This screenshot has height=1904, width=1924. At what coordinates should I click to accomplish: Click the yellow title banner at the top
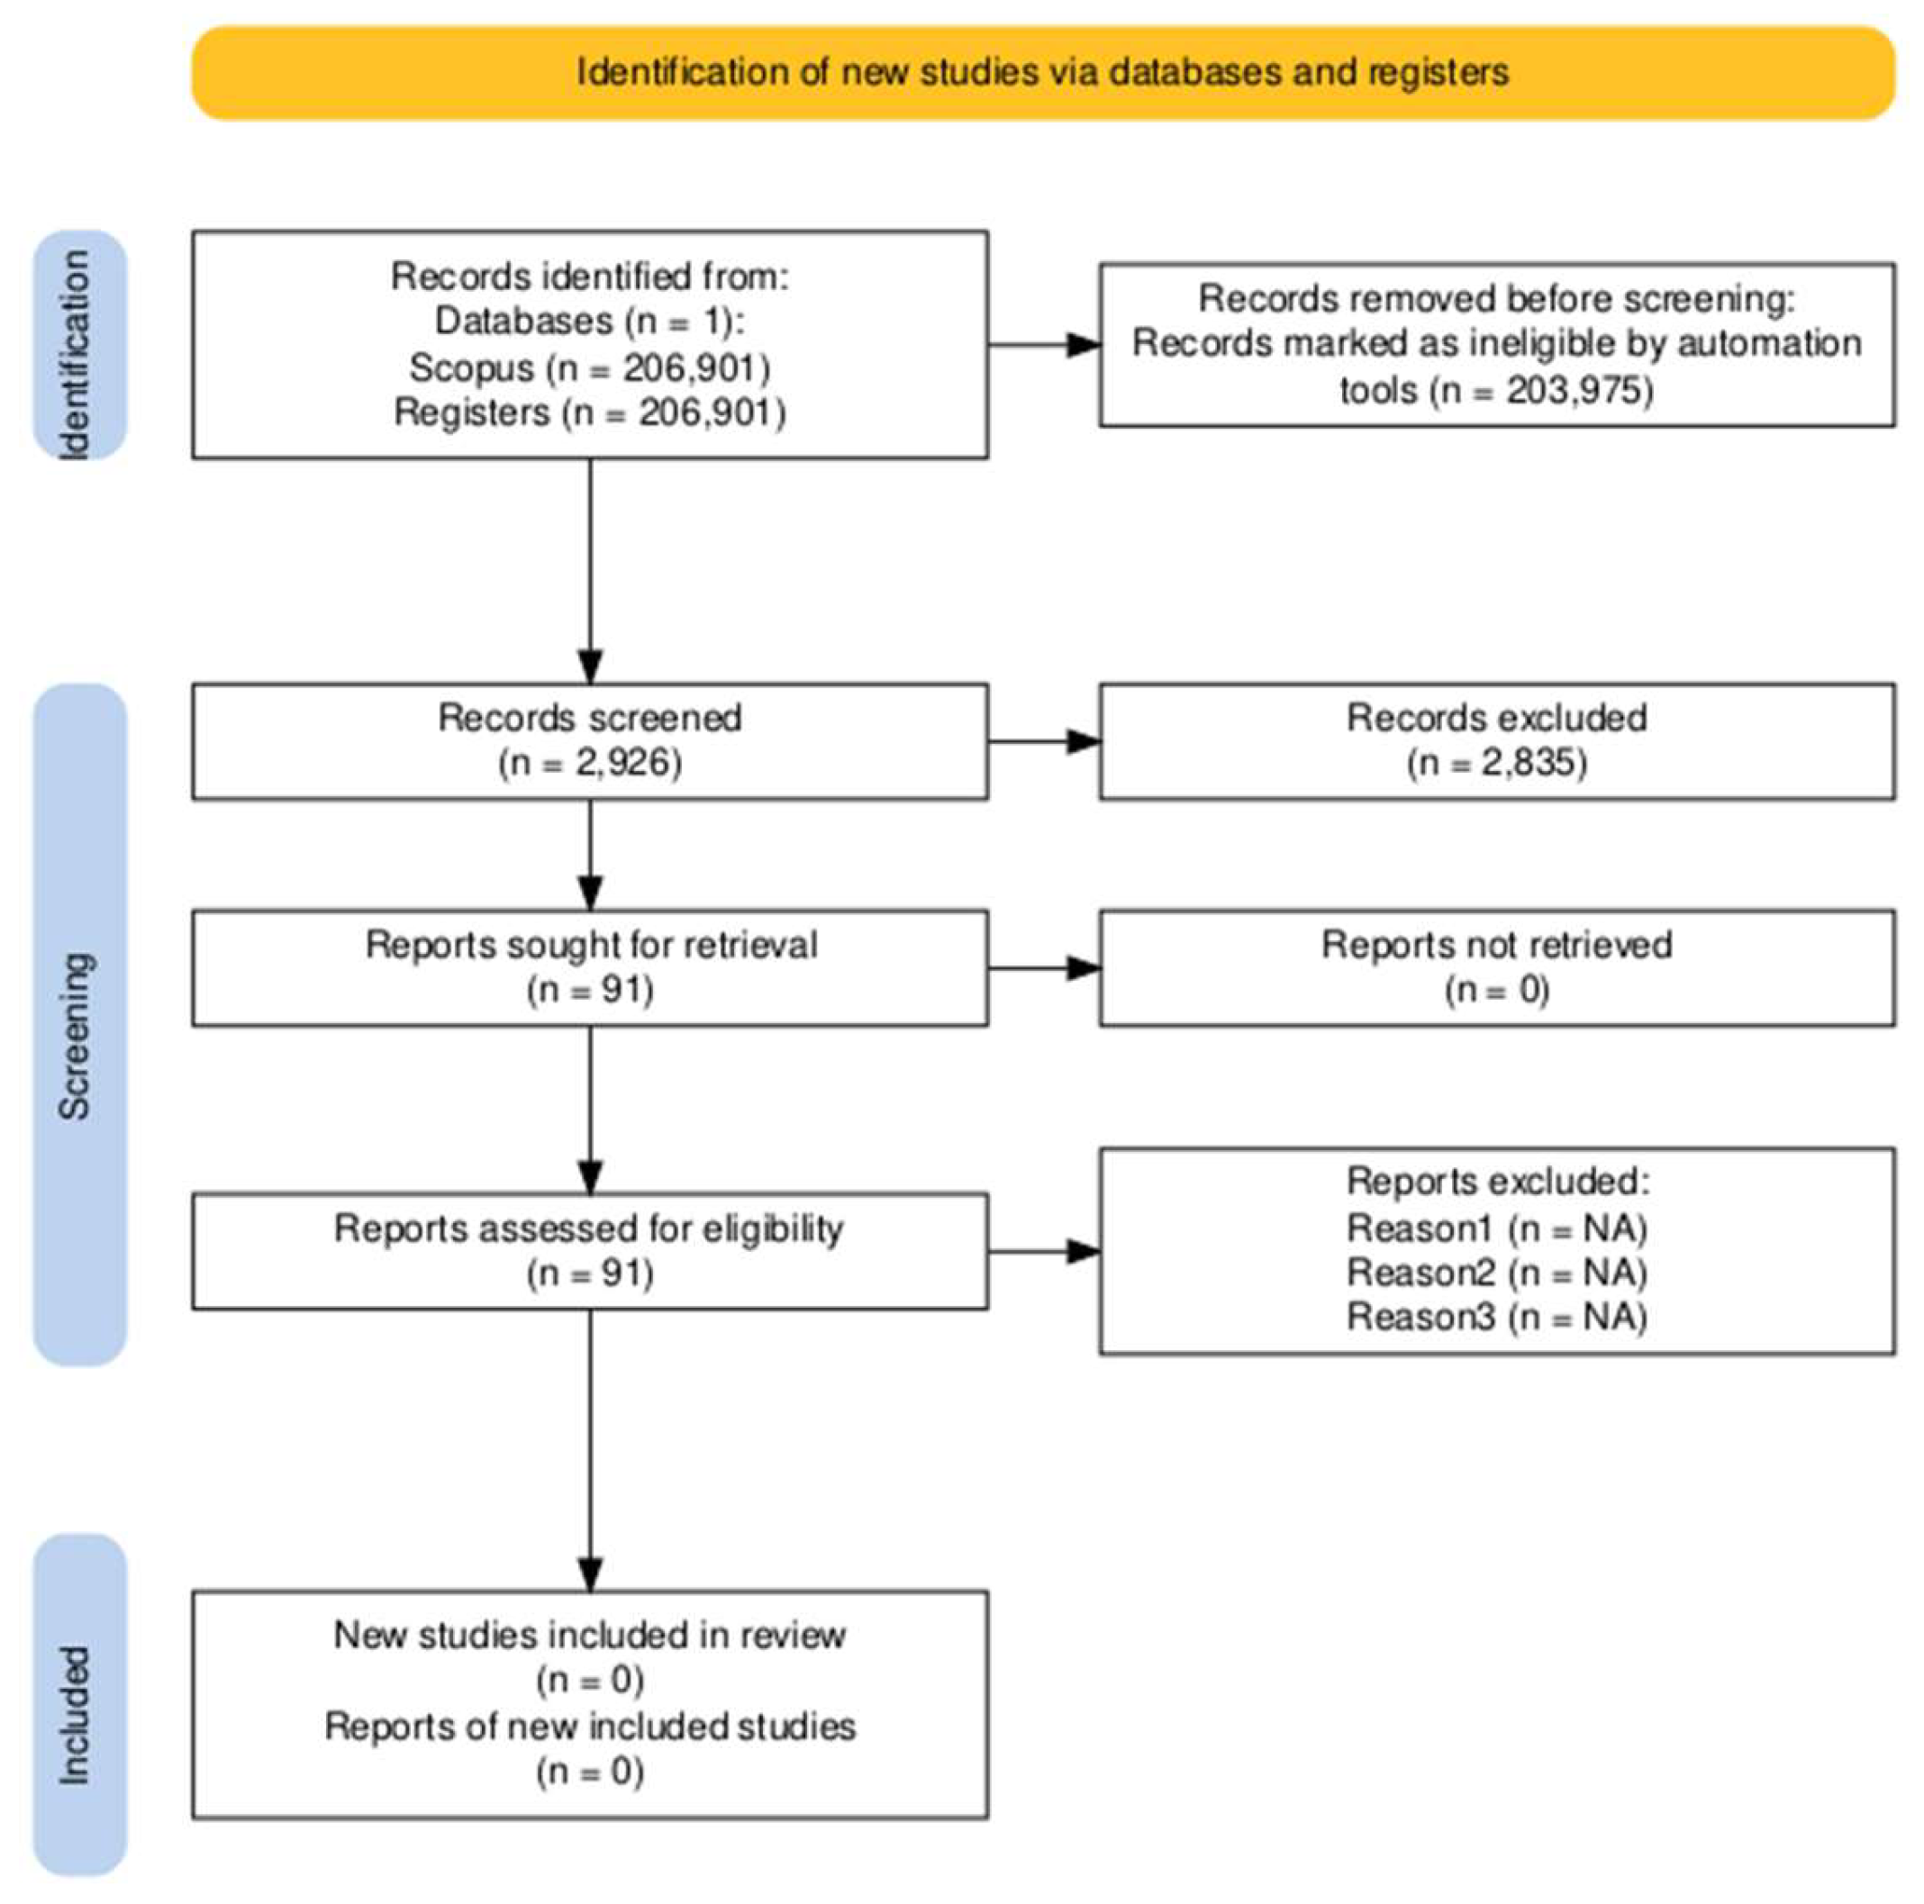click(1043, 73)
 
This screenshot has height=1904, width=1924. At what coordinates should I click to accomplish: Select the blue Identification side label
click(79, 345)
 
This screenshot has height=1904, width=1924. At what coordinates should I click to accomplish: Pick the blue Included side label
click(79, 1703)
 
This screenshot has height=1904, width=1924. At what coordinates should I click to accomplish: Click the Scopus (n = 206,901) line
click(590, 367)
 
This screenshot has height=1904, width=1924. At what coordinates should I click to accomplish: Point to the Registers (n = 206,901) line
click(590, 412)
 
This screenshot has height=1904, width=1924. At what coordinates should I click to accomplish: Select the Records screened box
click(590, 741)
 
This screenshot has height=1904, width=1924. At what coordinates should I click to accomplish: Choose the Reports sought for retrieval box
click(590, 967)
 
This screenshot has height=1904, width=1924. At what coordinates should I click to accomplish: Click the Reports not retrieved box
click(1497, 967)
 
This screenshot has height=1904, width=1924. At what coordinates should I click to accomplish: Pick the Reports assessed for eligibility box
click(590, 1251)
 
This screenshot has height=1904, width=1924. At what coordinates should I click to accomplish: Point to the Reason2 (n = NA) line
click(1497, 1272)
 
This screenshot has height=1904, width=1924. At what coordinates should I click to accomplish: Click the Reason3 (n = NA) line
click(1497, 1317)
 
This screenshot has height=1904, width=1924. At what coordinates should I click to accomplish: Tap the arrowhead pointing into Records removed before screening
click(1084, 345)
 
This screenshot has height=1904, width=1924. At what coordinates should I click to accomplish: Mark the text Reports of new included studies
click(590, 1726)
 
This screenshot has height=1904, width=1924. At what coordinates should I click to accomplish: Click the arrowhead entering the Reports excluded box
click(1084, 1251)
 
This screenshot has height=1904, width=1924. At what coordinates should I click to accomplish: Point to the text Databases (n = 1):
click(590, 321)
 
